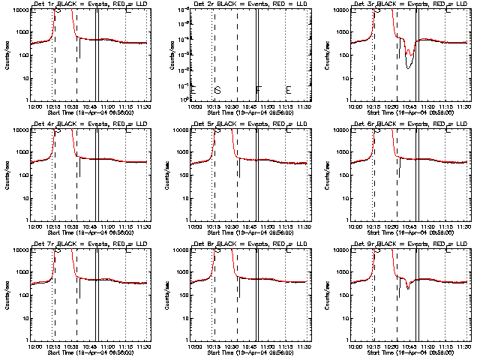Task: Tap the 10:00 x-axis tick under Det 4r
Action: tap(34, 225)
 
